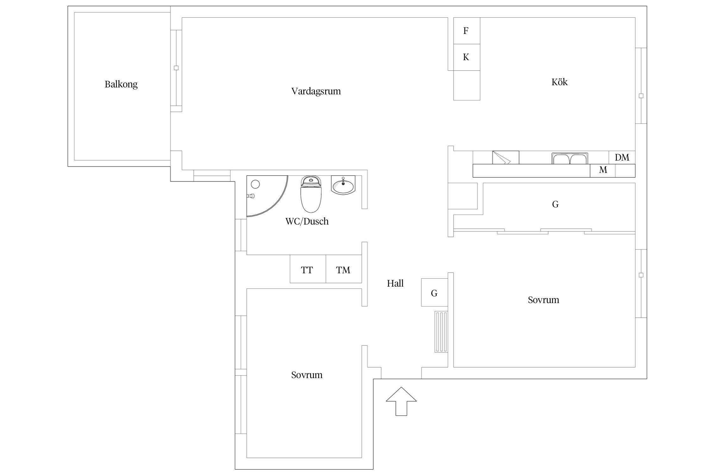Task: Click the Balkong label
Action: pos(121,85)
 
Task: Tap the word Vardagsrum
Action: pos(316,92)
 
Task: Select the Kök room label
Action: pos(559,82)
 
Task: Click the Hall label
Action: pos(395,283)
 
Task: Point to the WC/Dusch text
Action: pos(307,221)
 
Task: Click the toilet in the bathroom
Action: pos(311,194)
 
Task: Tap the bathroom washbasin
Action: pos(343,185)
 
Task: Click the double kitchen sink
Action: pos(570,158)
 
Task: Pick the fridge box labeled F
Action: pos(467,31)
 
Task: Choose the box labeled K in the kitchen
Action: pos(467,57)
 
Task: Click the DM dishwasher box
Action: pos(622,157)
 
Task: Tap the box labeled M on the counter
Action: pos(603,170)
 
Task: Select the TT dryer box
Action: pos(308,269)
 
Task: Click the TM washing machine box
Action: pos(344,269)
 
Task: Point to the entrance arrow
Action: pos(401,401)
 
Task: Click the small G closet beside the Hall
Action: pos(434,292)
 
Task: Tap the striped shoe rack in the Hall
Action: pos(441,332)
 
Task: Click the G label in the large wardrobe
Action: pos(555,205)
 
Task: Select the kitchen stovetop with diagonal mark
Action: pos(506,157)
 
